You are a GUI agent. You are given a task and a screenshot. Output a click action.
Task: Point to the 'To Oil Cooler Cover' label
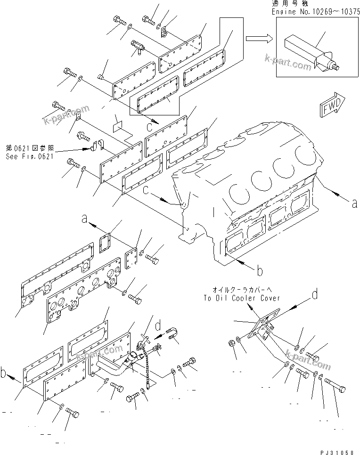coord(242,298)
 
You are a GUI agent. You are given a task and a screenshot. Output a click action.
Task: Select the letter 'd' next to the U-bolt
coord(158,325)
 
